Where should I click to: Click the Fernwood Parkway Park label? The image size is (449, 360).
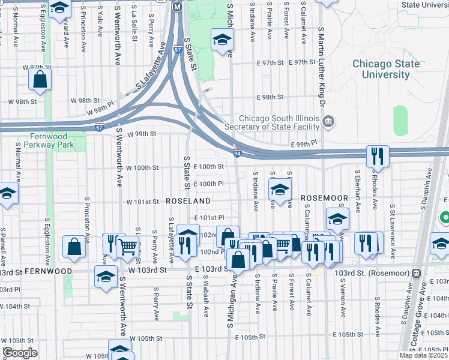[x=44, y=140]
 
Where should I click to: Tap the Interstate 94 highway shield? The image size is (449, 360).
[x=238, y=154]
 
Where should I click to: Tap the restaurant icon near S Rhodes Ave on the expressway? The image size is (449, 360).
[x=378, y=156]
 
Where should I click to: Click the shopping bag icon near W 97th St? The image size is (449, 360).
[x=40, y=80]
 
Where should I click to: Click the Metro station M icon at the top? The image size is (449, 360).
[x=177, y=7]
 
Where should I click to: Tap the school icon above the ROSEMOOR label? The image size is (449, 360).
[x=279, y=191]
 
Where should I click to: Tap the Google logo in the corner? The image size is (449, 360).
[x=20, y=353]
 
